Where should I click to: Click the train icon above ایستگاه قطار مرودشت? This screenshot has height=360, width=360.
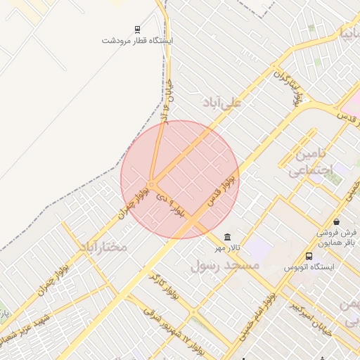pos(136,30)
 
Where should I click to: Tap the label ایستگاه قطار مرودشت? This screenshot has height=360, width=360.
pos(136,40)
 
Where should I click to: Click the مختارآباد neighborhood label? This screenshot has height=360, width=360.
pos(103,247)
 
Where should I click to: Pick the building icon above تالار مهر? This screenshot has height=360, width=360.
pos(226,237)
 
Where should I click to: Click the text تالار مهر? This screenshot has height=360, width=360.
pos(227,248)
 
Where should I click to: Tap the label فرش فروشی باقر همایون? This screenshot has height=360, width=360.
pos(337,238)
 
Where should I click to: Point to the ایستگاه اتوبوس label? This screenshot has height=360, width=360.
pos(309,267)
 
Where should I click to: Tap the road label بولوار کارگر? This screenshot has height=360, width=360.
pos(163,286)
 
